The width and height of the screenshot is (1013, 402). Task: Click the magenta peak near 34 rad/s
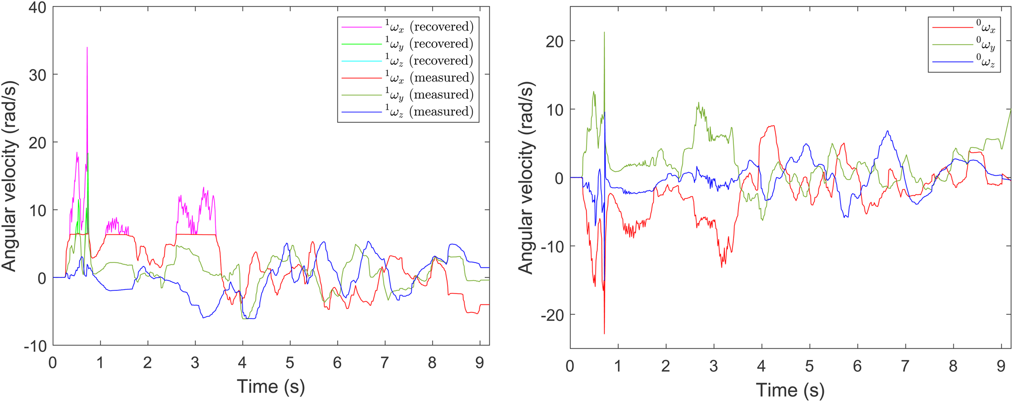tap(87, 48)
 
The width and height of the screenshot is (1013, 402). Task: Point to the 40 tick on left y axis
tap(35, 8)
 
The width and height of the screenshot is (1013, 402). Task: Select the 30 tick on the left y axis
tap(35, 75)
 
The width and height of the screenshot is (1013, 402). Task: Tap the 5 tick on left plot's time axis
tap(290, 362)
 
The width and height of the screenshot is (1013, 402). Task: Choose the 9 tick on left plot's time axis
tap(479, 362)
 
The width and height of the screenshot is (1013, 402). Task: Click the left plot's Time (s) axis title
tap(271, 386)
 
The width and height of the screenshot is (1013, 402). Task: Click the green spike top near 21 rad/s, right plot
tap(604, 33)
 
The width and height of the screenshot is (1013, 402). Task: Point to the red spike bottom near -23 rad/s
tap(604, 333)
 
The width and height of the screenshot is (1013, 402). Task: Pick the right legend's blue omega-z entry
tap(963, 62)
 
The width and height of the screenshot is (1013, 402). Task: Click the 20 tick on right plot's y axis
tap(554, 42)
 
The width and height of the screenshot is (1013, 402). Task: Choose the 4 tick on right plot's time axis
tap(761, 366)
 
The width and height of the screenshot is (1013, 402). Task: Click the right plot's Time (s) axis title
tap(790, 390)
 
